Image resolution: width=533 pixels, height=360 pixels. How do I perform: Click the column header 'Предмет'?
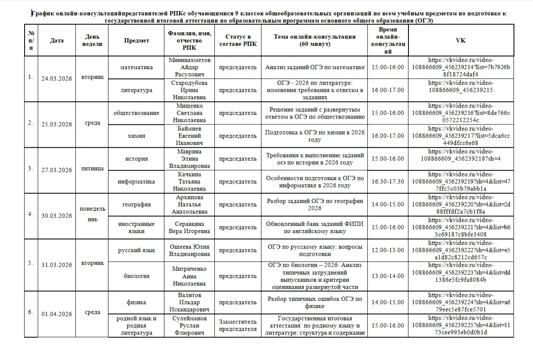tap(136, 41)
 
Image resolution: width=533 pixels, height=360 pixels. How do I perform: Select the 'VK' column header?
tap(461, 41)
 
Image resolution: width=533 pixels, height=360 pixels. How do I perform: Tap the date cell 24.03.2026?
tap(57, 79)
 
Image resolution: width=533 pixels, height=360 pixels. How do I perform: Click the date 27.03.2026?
tap(57, 170)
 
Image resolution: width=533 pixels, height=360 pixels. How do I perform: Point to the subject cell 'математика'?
tap(136, 67)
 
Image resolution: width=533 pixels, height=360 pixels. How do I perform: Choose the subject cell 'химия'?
tap(136, 136)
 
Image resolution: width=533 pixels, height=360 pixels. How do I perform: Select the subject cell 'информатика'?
tap(136, 182)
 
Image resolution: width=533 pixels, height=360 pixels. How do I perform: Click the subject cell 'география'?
tap(136, 205)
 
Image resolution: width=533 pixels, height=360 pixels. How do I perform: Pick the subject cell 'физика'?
tap(136, 302)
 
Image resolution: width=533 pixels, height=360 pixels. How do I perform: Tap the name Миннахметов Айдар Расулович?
tap(189, 67)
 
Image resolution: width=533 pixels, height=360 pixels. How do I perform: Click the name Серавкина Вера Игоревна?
tap(189, 227)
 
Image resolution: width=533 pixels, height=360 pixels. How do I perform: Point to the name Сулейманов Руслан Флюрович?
tap(189, 326)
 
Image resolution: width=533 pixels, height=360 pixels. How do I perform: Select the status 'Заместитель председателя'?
tap(238, 326)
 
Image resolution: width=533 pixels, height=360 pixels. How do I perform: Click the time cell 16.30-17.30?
tap(388, 182)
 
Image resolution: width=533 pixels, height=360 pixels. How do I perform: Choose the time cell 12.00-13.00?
tap(388, 250)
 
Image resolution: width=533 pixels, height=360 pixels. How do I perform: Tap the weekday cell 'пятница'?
tap(92, 169)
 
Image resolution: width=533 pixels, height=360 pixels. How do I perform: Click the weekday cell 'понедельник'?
tap(92, 214)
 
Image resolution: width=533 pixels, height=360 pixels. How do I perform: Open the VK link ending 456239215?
tap(461, 86)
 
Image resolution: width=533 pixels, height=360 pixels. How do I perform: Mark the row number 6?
tap(31, 312)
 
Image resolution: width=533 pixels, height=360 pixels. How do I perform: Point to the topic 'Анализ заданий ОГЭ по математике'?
tap(315, 67)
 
